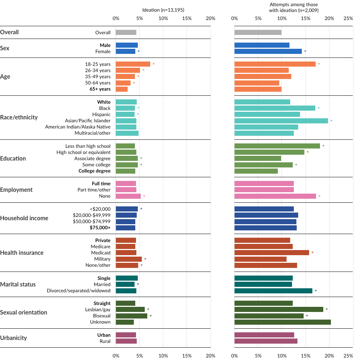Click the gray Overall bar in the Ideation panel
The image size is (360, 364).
pos(126,32)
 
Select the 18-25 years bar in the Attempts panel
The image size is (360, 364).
pos(275,64)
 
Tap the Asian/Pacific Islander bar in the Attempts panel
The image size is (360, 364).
pos(281,120)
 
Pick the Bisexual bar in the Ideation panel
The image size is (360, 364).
pos(131,316)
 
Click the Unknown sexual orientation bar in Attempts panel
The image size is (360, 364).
pos(283,322)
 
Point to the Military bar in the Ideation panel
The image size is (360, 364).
pos(129,259)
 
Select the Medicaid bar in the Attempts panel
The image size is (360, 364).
pos(272,253)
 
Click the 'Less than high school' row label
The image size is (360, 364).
pos(88,146)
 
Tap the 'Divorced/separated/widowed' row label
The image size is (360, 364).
pos(79,290)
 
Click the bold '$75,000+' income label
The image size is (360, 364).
pos(100,228)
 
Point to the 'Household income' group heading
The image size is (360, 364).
pos(24,218)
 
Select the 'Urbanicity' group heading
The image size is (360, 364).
pos(13,338)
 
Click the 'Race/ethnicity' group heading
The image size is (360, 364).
pos(19,118)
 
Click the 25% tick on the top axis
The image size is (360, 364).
pos(348,18)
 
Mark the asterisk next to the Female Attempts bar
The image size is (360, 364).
pos(305,52)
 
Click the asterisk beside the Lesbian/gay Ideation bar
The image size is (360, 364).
pos(148,309)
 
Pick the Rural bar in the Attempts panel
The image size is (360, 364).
pos(266,341)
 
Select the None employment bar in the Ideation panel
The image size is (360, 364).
pos(128,196)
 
